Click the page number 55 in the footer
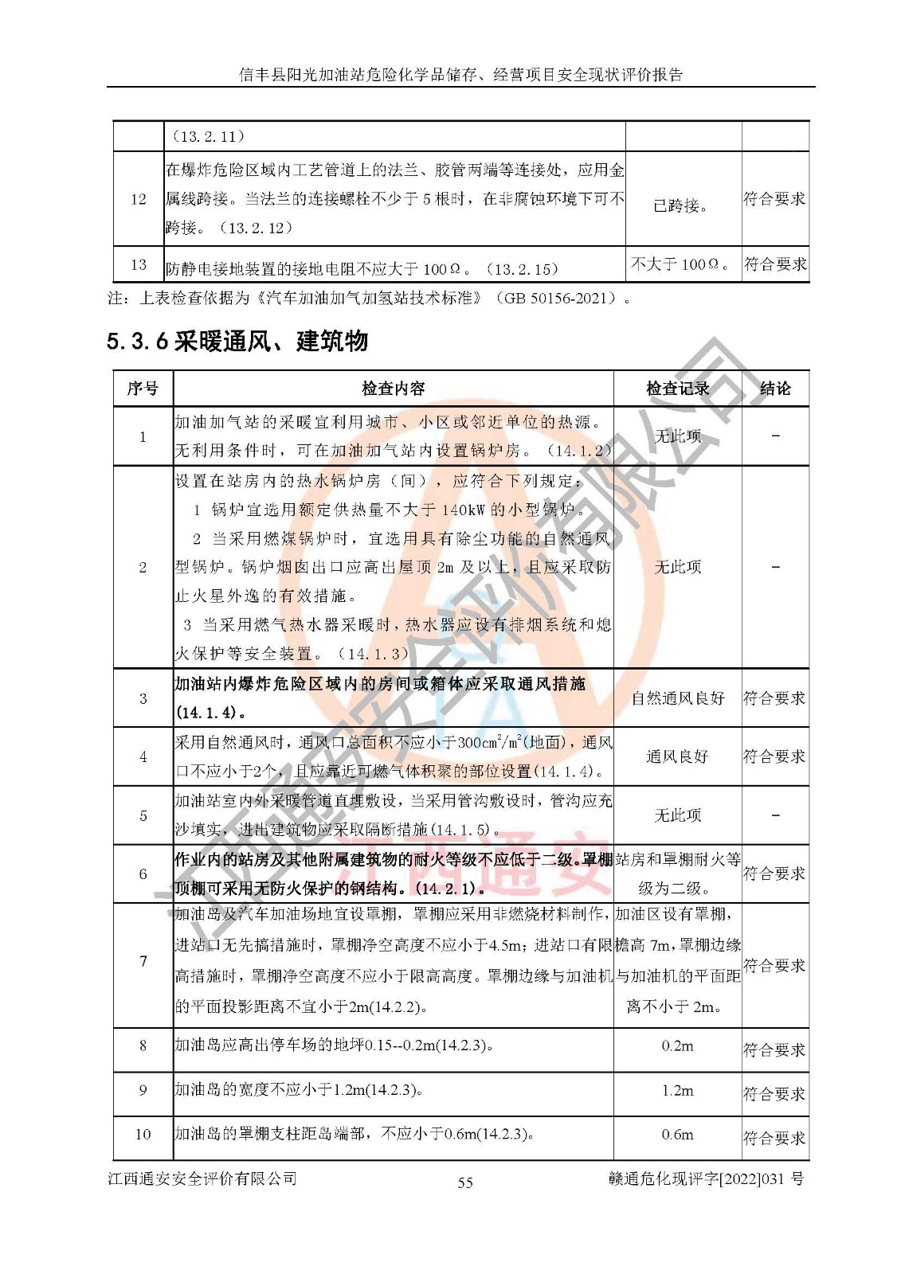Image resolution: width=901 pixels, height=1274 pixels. (465, 1182)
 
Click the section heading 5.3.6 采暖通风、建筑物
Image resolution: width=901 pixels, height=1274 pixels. (237, 341)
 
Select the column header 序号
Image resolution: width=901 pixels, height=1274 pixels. (143, 389)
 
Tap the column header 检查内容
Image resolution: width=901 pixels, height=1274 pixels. (393, 389)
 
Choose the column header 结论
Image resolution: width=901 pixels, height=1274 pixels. (775, 389)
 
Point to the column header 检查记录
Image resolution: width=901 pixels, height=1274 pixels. (677, 389)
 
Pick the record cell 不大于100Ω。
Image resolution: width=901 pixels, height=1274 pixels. (681, 264)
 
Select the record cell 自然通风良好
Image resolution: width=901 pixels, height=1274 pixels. (678, 698)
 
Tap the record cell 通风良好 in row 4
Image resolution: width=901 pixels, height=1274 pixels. (677, 756)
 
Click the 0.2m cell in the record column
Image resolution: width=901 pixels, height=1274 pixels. (677, 1045)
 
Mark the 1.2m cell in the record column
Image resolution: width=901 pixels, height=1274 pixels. (677, 1090)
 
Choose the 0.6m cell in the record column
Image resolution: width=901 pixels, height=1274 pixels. (677, 1134)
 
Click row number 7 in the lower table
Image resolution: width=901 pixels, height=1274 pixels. (143, 961)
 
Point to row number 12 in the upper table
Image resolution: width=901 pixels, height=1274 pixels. (139, 198)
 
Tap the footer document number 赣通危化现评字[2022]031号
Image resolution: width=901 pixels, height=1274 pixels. (705, 1179)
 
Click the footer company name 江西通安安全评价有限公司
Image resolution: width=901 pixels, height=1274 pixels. (202, 1178)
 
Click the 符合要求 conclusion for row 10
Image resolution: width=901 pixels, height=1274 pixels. (774, 1138)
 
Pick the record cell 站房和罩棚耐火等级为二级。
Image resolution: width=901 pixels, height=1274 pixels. (677, 873)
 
